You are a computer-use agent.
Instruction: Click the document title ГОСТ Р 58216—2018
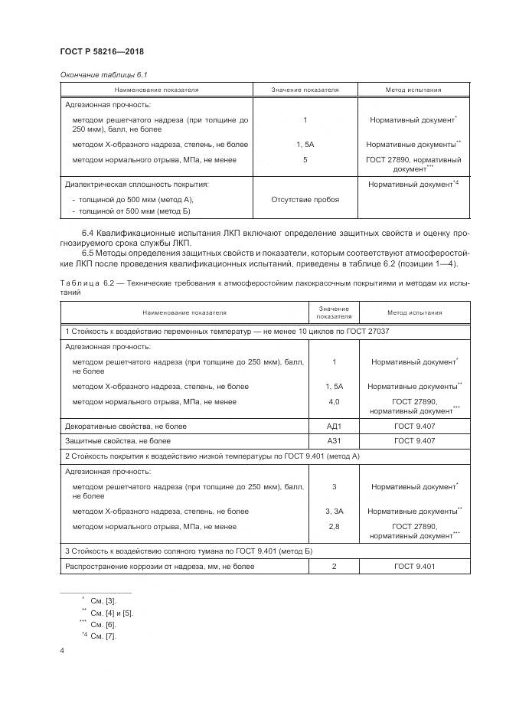click(x=102, y=52)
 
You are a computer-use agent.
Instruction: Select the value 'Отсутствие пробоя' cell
click(x=305, y=199)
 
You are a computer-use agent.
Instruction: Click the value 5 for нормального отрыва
click(x=305, y=160)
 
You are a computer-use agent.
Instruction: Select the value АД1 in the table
click(x=333, y=426)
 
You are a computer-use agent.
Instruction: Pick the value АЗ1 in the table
click(x=333, y=440)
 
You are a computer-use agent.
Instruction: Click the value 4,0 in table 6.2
click(x=334, y=401)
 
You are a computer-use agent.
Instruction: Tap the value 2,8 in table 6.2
click(x=334, y=527)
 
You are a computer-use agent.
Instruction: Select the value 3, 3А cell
click(x=334, y=511)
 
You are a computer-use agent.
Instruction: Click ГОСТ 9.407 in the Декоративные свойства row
click(x=414, y=426)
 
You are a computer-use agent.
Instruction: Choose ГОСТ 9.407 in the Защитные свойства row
click(x=414, y=440)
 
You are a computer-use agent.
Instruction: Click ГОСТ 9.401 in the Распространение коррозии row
click(x=414, y=566)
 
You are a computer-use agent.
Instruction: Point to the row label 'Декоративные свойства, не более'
click(x=126, y=426)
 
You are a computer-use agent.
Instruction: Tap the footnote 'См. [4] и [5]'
click(x=112, y=613)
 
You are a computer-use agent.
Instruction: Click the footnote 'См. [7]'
click(x=103, y=636)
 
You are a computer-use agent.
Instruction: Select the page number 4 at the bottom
click(x=62, y=651)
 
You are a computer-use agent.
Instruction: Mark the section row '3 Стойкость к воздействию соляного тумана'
click(x=188, y=551)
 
